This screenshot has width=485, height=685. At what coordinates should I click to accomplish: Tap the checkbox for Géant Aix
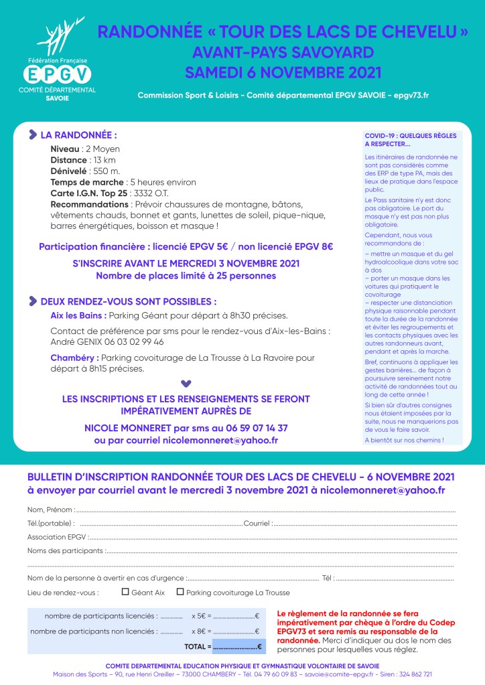pyautogui.click(x=125, y=592)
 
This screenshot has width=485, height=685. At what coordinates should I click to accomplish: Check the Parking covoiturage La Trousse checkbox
pyautogui.click(x=180, y=592)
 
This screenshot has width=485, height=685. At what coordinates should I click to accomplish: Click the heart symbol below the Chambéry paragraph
pyautogui.click(x=186, y=384)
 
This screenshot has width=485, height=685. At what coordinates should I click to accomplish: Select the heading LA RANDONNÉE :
pyautogui.click(x=78, y=135)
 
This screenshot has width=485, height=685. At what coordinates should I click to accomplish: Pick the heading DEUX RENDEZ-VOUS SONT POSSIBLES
pyautogui.click(x=128, y=302)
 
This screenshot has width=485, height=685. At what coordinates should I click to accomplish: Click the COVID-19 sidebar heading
pyautogui.click(x=410, y=139)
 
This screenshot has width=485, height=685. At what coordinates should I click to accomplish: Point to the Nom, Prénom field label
pyautogui.click(x=50, y=510)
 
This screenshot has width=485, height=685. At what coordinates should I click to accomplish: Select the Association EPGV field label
pyautogui.click(x=57, y=537)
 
